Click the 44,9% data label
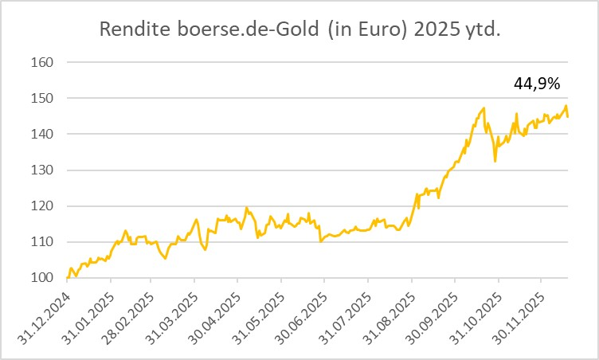tap(538, 82)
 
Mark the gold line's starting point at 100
tap(68, 277)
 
